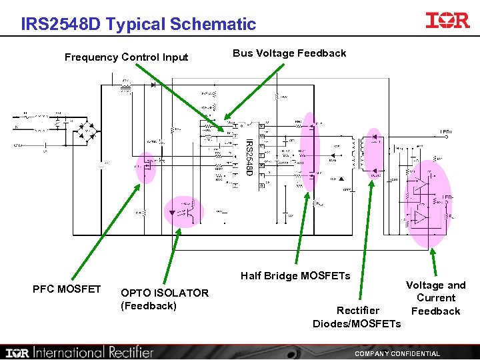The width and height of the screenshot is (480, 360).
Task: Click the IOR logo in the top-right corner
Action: tap(447, 20)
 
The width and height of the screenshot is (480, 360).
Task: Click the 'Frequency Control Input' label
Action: tap(126, 57)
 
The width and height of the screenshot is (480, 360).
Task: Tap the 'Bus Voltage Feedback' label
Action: tap(289, 53)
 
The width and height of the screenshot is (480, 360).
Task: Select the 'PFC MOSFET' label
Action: tap(67, 289)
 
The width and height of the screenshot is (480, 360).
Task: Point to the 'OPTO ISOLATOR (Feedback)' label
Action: tap(164, 299)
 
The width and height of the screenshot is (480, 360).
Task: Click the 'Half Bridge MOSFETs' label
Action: tap(295, 275)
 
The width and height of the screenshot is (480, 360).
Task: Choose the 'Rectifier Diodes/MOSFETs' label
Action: tap(357, 317)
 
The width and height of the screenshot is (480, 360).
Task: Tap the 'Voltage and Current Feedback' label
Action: tap(435, 298)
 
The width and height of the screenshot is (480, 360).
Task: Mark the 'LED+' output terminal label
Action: tap(445, 133)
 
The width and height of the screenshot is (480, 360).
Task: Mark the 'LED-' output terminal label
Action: tap(448, 198)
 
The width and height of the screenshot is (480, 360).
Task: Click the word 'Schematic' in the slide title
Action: tap(213, 25)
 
